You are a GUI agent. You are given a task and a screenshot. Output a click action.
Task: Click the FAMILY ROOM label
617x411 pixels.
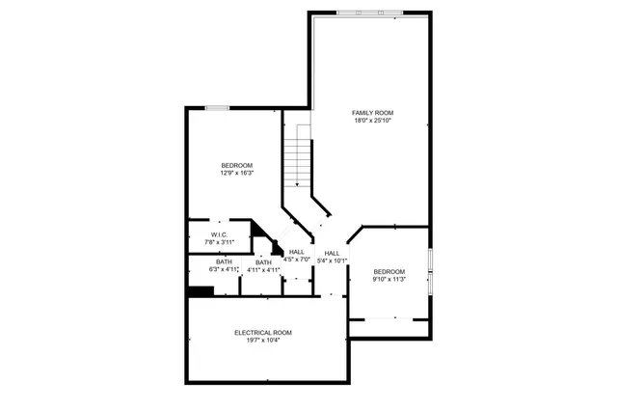tap(373, 112)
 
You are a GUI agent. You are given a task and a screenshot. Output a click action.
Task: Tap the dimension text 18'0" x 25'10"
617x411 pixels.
tap(373, 121)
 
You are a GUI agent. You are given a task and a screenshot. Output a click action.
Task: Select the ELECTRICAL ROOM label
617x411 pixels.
tap(263, 332)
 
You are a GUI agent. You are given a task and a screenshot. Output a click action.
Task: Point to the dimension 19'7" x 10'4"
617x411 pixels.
tap(263, 341)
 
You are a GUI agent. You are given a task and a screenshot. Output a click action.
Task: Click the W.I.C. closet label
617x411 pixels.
tap(219, 234)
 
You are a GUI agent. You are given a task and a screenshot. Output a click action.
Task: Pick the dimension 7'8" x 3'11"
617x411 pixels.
tap(219, 242)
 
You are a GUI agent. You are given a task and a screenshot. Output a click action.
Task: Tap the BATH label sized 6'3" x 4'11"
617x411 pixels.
tap(224, 261)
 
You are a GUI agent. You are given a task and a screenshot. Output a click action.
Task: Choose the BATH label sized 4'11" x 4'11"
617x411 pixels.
tap(263, 261)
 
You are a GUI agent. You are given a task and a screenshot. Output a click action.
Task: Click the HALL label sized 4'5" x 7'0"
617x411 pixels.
tap(297, 252)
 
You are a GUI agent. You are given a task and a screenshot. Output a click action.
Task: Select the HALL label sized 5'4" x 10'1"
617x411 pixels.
tap(333, 252)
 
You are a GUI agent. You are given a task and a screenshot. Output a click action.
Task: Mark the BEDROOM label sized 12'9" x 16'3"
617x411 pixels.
tap(237, 165)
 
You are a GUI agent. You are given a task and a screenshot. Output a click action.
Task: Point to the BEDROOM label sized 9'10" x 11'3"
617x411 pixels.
tap(389, 271)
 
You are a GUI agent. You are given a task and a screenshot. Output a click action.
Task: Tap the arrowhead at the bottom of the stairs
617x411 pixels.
tap(298, 183)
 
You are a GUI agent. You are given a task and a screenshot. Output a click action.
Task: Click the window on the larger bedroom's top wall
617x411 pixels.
tap(218, 107)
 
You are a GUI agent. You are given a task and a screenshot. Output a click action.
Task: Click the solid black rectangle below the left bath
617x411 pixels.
tap(200, 292)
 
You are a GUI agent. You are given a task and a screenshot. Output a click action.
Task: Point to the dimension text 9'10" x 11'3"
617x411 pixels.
tap(389, 280)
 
